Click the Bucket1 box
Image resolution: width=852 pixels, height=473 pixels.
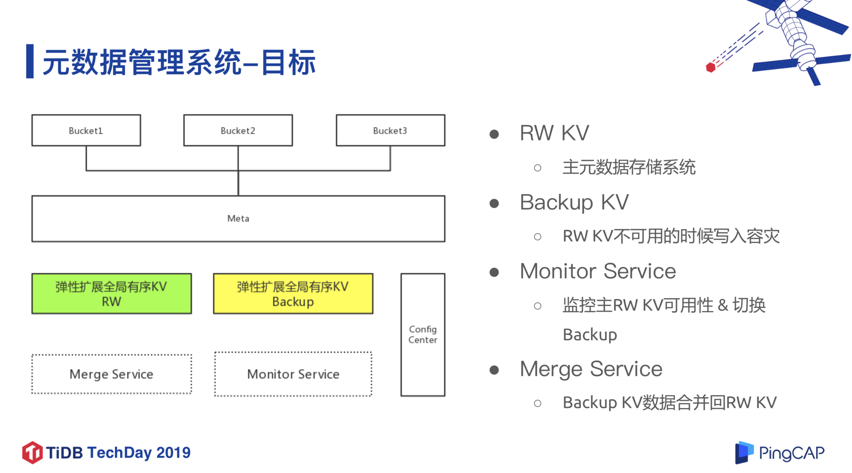[86, 130]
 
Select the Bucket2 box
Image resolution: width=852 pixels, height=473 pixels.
[238, 130]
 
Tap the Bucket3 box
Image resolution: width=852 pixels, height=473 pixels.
[390, 130]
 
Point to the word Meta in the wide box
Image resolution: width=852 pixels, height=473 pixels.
[238, 218]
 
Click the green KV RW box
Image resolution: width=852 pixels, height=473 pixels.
[111, 294]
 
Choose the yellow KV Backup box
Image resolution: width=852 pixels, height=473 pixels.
[293, 294]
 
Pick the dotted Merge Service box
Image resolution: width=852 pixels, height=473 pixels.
[111, 374]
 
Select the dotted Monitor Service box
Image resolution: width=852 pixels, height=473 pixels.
[293, 374]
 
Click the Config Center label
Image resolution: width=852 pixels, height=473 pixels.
[423, 334]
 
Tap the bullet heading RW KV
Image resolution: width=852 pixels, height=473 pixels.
[554, 133]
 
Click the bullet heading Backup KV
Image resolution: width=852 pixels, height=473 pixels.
[574, 202]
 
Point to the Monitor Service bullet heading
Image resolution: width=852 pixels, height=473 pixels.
[598, 271]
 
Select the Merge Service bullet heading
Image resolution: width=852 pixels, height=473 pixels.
[591, 369]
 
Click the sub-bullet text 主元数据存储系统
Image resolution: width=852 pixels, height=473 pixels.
[629, 167]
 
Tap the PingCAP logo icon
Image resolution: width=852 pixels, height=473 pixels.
[744, 452]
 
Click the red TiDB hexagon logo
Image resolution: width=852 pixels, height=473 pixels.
[32, 452]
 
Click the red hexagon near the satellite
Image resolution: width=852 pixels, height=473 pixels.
[710, 67]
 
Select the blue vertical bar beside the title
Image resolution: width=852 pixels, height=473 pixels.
[30, 61]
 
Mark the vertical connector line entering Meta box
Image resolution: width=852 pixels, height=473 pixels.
[238, 183]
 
